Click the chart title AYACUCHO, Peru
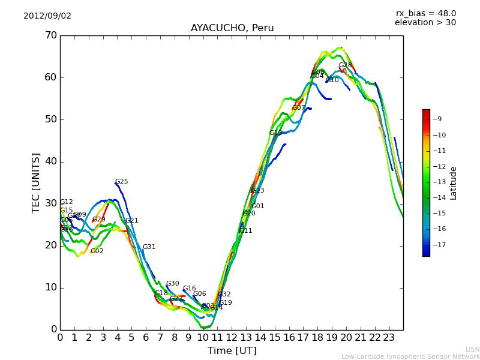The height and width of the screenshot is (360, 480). click(x=232, y=28)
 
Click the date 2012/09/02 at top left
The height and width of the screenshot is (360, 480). click(x=47, y=16)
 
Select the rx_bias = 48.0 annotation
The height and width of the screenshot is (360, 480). click(x=425, y=13)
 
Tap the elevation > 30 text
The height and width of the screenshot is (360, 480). click(x=425, y=23)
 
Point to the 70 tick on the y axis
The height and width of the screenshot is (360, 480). click(x=50, y=35)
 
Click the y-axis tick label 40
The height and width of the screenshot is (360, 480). click(x=50, y=161)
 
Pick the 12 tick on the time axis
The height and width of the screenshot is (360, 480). click(x=232, y=338)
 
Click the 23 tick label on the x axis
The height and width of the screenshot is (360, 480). click(x=389, y=338)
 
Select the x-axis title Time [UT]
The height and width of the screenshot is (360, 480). click(x=232, y=350)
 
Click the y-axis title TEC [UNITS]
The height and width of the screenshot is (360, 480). click(x=36, y=182)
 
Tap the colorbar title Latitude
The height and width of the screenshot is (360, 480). click(x=454, y=182)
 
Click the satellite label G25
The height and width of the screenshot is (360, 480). click(x=122, y=182)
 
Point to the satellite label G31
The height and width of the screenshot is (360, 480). click(x=149, y=247)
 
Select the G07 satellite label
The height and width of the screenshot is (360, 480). click(x=299, y=108)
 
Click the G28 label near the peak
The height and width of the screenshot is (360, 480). click(x=346, y=65)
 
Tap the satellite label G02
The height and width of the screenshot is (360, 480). click(x=97, y=251)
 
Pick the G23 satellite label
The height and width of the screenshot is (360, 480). click(x=258, y=191)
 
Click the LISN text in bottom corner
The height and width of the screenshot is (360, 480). click(x=473, y=349)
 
